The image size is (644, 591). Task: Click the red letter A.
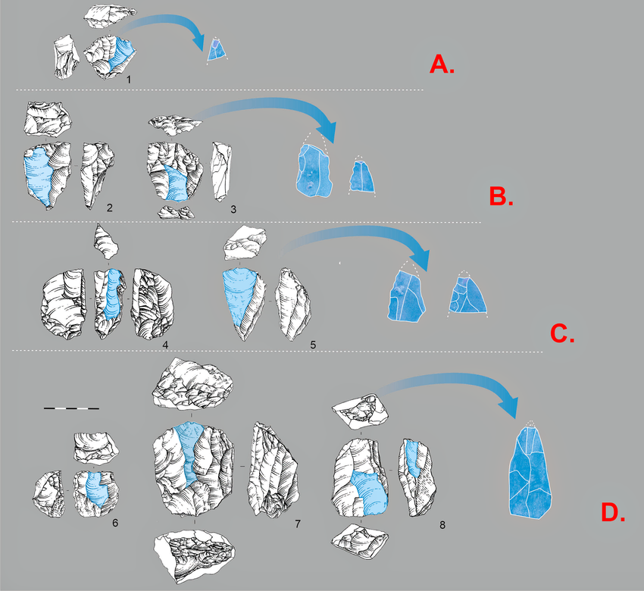click(441, 65)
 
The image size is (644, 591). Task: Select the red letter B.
click(501, 198)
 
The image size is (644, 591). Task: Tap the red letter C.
click(561, 333)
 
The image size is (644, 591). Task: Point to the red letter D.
click(612, 513)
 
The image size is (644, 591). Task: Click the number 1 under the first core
click(130, 79)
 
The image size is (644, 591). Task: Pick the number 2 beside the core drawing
click(110, 207)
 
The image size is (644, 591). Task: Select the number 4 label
click(164, 346)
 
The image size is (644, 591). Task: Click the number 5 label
click(312, 346)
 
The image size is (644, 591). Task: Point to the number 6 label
click(114, 522)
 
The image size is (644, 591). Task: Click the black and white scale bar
click(71, 408)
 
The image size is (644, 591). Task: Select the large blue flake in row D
click(530, 474)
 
